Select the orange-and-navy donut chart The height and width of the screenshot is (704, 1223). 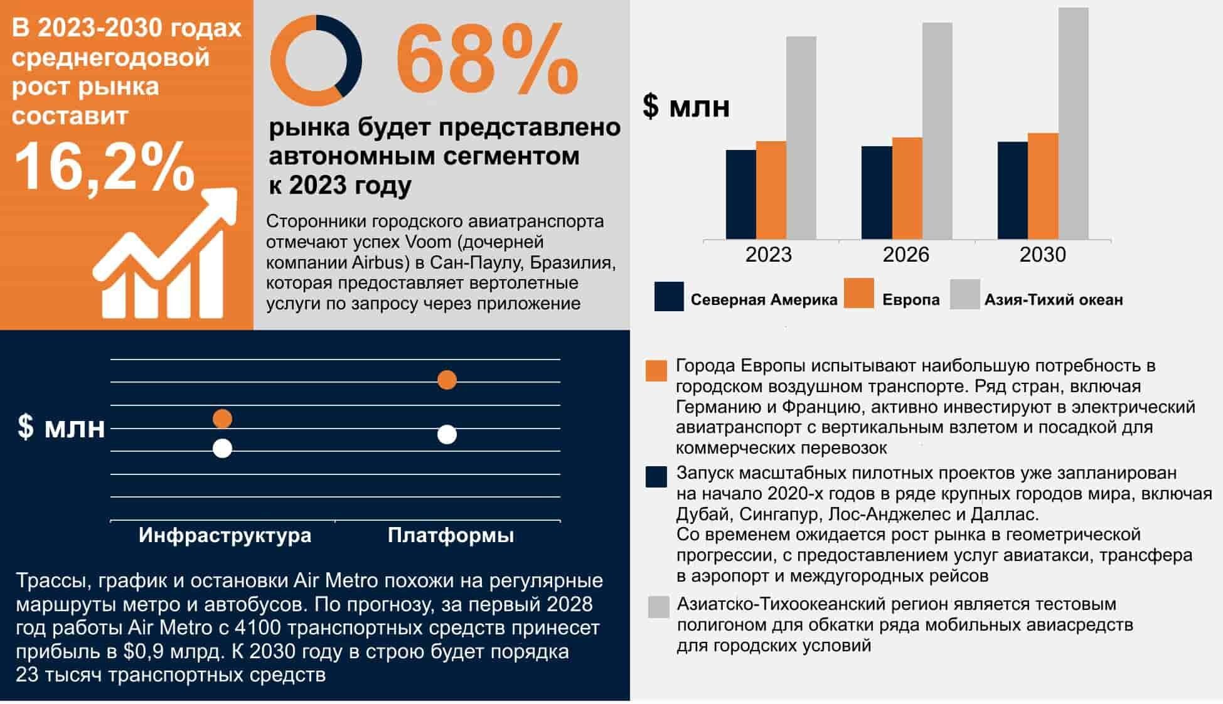(316, 60)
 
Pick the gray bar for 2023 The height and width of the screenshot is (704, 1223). (801, 137)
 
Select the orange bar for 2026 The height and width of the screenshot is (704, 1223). (907, 188)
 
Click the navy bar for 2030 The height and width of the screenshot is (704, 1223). (1013, 190)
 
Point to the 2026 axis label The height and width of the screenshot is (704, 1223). (905, 255)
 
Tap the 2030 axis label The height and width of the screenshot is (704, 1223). (1042, 255)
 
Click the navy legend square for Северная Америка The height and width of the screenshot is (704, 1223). (669, 296)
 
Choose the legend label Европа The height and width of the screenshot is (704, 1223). (911, 300)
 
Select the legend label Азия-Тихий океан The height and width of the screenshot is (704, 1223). (1054, 300)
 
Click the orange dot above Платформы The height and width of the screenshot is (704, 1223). (447, 380)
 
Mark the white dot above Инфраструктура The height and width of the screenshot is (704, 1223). (222, 448)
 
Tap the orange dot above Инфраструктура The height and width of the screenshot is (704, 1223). (222, 419)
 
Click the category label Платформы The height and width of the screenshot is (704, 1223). (451, 535)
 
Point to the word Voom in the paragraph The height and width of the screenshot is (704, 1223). (428, 242)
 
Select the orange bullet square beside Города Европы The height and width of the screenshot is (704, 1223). (656, 371)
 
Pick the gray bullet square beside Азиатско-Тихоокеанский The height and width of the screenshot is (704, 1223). (658, 607)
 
